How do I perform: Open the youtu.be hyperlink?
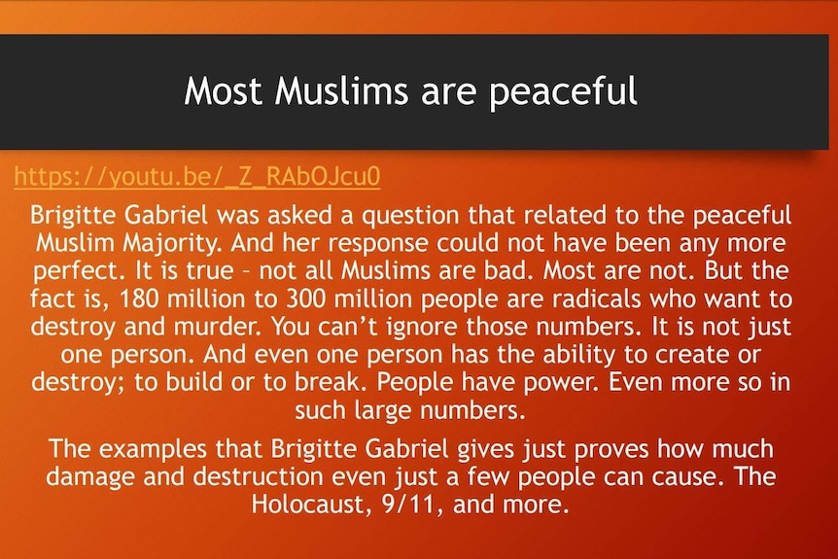(x=197, y=176)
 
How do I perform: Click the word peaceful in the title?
(x=563, y=91)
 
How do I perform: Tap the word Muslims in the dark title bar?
(x=341, y=90)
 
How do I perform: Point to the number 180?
(x=139, y=298)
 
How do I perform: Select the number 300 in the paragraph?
(x=305, y=298)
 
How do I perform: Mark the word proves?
(x=611, y=449)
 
